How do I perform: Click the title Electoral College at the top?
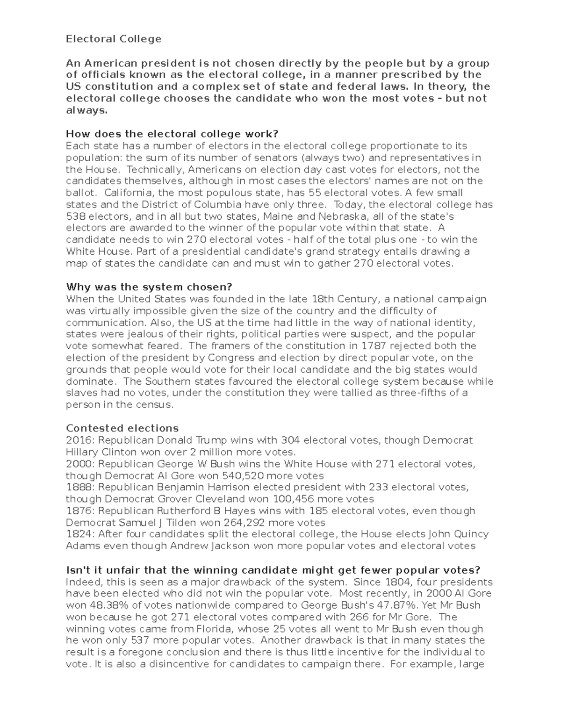114,39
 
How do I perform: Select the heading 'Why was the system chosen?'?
149,287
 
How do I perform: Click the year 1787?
373,346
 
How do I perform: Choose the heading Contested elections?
122,428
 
